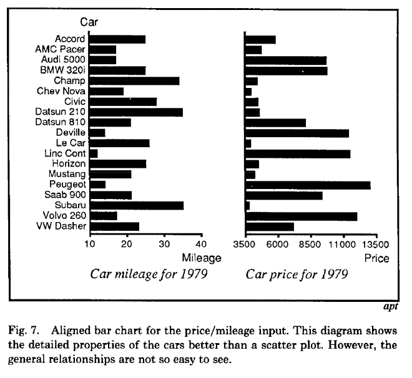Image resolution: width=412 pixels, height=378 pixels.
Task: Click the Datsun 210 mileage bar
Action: pos(136,112)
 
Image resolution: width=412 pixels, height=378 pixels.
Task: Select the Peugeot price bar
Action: pos(308,185)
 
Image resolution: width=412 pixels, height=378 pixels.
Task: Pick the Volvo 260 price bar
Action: pos(301,216)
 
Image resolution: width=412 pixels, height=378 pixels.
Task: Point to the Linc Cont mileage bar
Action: pos(94,153)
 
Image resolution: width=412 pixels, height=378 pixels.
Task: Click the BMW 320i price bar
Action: pos(286,70)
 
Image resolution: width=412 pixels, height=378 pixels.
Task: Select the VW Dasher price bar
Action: pos(269,226)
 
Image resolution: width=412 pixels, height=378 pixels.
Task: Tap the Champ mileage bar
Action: pos(134,81)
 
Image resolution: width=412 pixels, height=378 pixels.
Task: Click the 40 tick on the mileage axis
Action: pos(201,244)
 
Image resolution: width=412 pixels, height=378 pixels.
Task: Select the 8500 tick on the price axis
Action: pos(310,245)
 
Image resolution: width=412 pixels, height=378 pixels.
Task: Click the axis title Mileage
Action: pos(201,258)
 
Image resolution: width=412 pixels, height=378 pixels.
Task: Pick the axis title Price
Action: pos(376,258)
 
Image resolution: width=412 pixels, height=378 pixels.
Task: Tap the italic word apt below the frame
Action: pos(390,306)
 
